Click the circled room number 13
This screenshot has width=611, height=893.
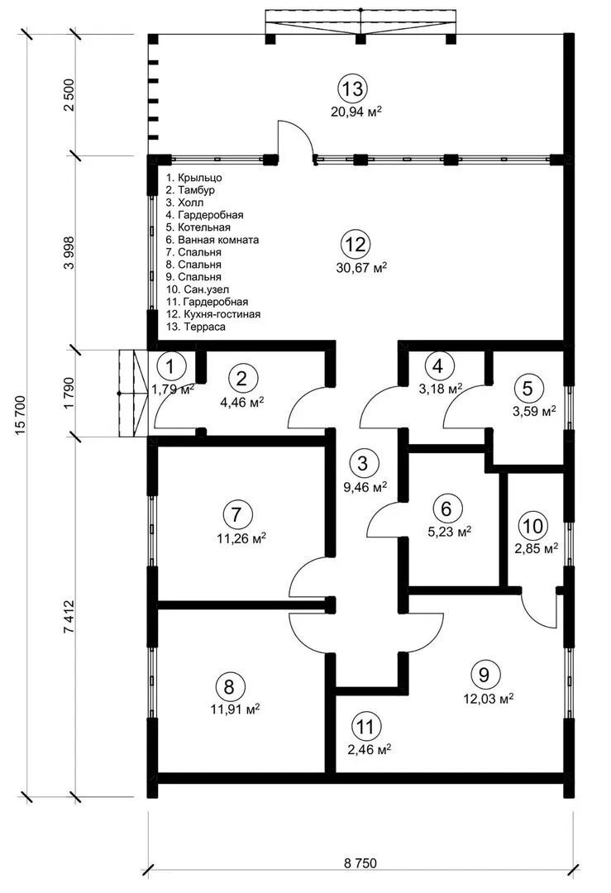tap(352, 88)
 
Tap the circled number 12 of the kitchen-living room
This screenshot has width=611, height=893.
tap(356, 245)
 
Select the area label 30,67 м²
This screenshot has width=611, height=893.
tap(361, 267)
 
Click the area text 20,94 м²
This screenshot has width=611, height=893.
tap(356, 111)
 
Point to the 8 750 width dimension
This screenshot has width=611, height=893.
tap(360, 862)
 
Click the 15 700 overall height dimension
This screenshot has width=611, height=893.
tap(21, 414)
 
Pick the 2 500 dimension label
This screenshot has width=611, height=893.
tap(69, 96)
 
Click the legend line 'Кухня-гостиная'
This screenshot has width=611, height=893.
tap(213, 314)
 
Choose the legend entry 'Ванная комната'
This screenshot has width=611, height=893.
tap(212, 240)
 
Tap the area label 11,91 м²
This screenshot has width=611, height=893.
tap(238, 709)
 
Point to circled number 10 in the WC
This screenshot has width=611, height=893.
tap(533, 526)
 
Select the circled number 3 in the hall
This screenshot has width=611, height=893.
tap(363, 463)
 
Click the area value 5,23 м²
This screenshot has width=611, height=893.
tap(449, 532)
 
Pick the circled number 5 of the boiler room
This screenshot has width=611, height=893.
tap(527, 389)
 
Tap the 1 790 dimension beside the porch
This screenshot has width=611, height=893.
tap(69, 393)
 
